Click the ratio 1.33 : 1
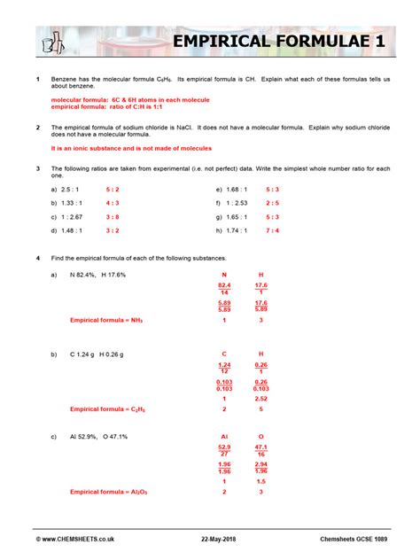point(66,203)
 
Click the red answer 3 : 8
point(113,217)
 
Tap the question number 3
point(38,167)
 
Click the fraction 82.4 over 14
point(224,290)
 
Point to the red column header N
point(224,275)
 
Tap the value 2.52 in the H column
point(261,399)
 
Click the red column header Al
point(224,436)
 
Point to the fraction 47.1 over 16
point(261,451)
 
